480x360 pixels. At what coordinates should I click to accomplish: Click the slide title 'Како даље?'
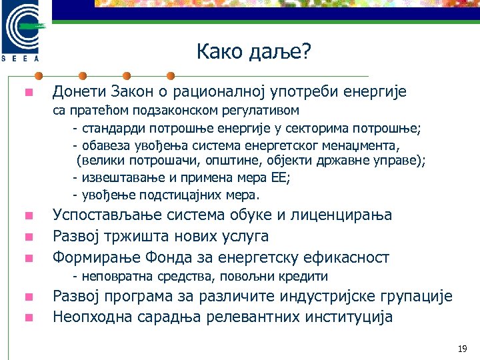[254, 51]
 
